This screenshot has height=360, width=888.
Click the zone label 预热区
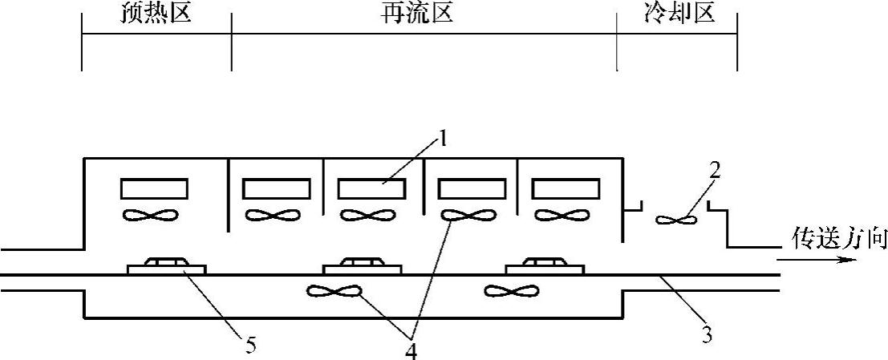coord(156,14)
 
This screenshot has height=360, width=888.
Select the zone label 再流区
coord(417,14)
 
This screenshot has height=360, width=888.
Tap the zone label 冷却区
coord(678,14)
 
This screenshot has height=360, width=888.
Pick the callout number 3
coord(707,335)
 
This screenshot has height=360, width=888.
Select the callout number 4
coord(410,350)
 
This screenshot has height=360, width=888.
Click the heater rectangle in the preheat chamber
coord(154,188)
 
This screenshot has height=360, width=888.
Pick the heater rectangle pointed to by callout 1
coord(371,188)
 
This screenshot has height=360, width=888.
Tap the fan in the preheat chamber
coord(154,215)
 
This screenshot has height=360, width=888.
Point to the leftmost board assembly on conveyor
coord(166,266)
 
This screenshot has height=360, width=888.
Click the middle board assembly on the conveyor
coord(361,266)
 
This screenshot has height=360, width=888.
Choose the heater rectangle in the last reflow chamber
coord(567,188)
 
